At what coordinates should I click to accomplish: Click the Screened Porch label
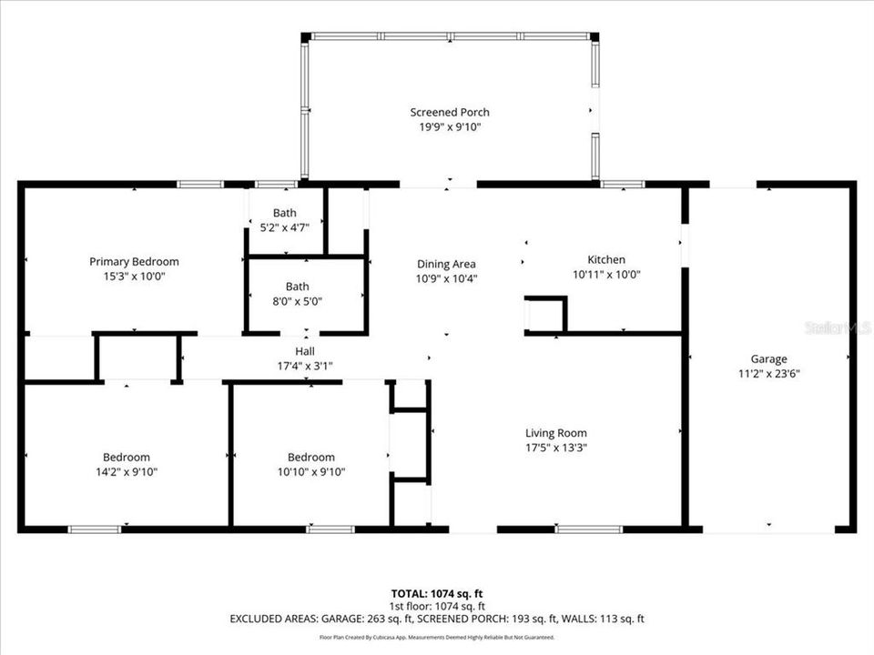tap(449, 112)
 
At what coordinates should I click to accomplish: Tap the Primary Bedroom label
tap(134, 261)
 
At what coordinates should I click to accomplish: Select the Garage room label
tap(768, 358)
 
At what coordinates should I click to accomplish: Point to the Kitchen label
tap(605, 259)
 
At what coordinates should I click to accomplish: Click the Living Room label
tap(555, 433)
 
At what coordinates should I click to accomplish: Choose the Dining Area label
tap(447, 264)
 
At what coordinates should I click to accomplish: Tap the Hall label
tap(304, 351)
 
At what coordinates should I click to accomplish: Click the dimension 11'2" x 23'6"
tap(768, 373)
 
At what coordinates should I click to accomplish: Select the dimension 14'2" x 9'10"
tap(127, 471)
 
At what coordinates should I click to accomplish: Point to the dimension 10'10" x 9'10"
tap(310, 471)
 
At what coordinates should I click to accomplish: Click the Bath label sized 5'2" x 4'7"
tap(285, 214)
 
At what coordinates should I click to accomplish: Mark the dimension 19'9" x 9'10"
tap(449, 127)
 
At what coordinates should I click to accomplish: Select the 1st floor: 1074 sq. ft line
tap(437, 606)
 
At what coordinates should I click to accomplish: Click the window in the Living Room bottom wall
tap(589, 529)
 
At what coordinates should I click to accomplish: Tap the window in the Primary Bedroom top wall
tap(200, 184)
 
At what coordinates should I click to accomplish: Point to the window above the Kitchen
tap(623, 184)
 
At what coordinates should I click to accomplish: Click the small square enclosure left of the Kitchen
tap(544, 315)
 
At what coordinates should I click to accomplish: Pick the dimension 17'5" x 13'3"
tap(555, 448)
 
